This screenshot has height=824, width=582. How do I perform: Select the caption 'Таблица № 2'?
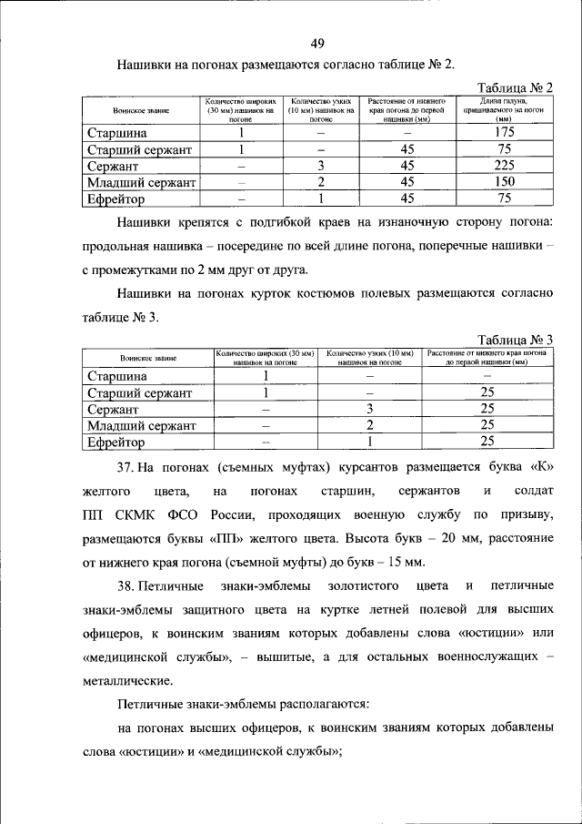tap(515, 87)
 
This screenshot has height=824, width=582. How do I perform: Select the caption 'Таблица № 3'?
tap(515, 340)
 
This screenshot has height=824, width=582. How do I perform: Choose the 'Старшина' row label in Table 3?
tap(116, 376)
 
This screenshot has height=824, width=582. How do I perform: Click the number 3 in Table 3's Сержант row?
tap(369, 409)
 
